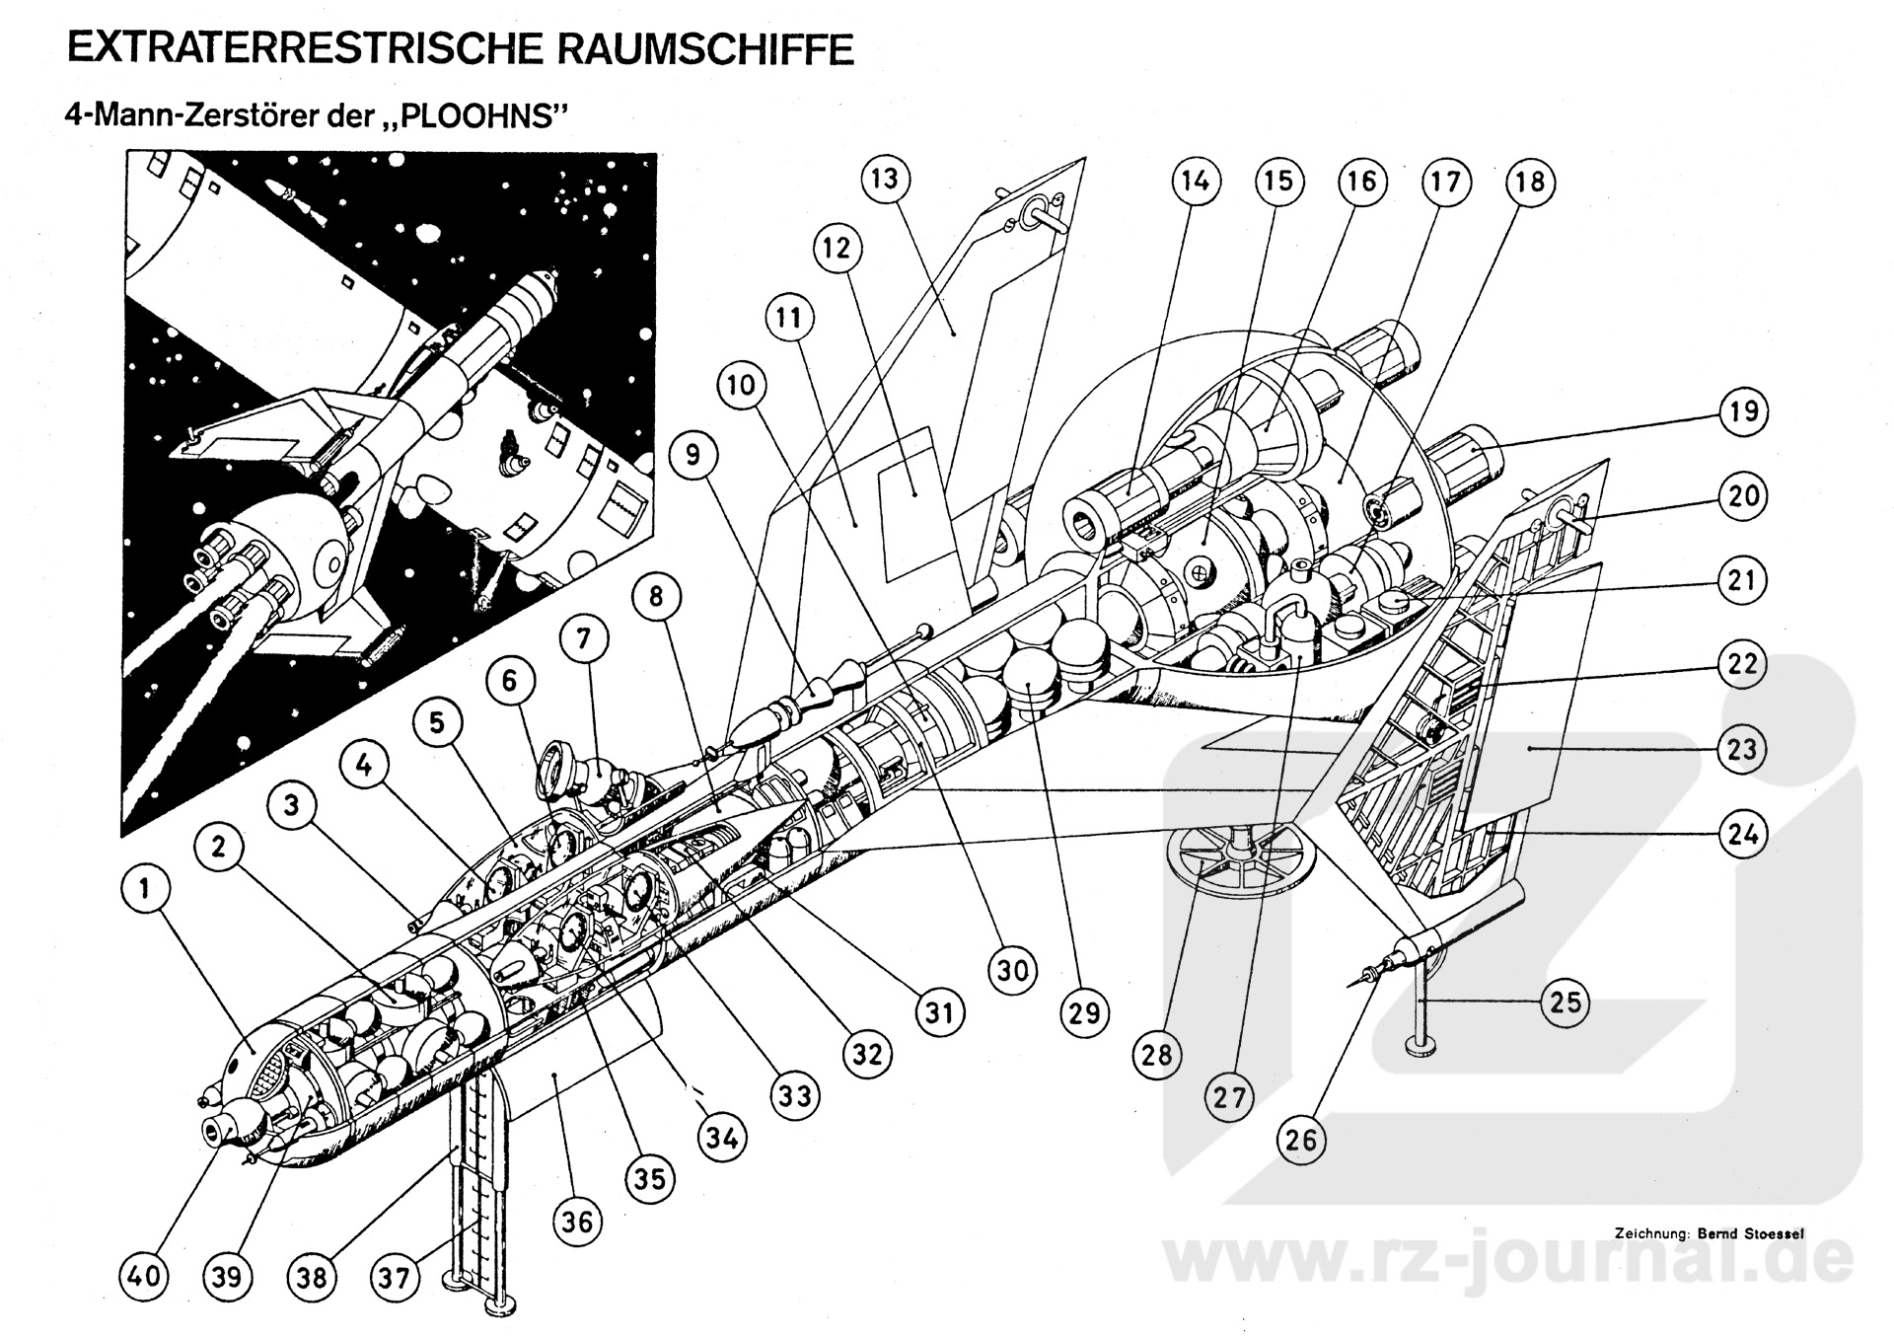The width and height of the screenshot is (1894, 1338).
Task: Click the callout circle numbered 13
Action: (x=885, y=179)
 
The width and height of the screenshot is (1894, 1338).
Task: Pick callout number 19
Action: (x=1743, y=410)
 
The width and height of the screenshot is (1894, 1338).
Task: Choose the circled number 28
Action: (x=1157, y=1055)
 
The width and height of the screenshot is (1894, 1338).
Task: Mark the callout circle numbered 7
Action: (x=584, y=639)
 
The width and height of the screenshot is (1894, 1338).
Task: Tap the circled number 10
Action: (x=742, y=385)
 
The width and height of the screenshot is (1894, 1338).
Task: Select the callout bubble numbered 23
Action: (x=1742, y=749)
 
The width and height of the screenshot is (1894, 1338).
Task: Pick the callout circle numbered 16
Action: (x=1361, y=182)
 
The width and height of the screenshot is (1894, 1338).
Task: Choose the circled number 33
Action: (x=795, y=1095)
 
